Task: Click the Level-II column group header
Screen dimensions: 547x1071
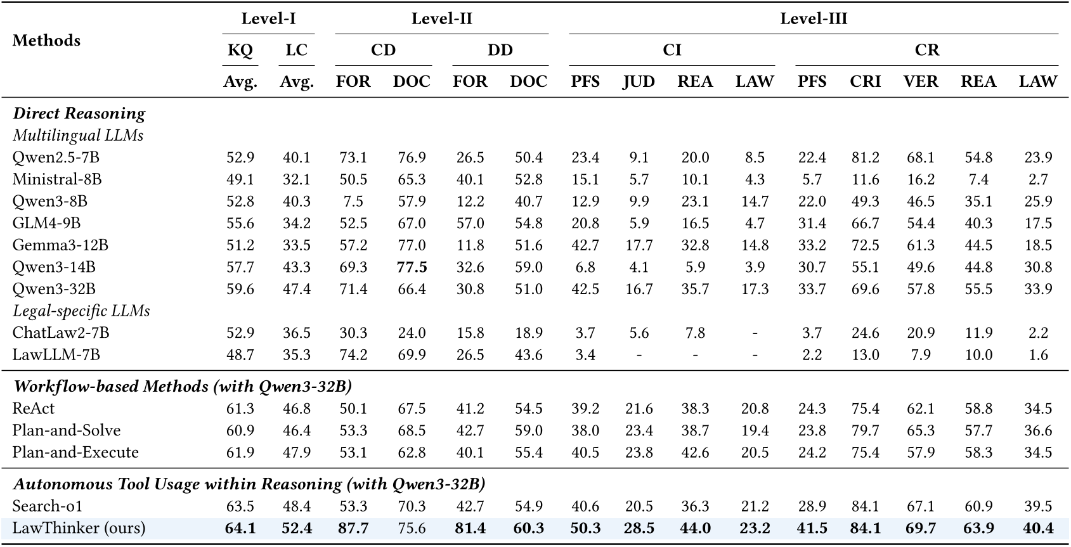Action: (441, 18)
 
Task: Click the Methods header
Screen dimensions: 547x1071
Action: (46, 41)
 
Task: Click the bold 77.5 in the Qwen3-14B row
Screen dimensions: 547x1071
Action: (412, 267)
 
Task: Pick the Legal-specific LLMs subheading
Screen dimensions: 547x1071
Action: (81, 311)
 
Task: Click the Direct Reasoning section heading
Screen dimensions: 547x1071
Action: (79, 113)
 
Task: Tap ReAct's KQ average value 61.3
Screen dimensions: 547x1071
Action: (240, 409)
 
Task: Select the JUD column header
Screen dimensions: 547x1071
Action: (639, 82)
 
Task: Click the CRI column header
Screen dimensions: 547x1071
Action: (865, 82)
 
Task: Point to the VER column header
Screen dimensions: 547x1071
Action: (921, 82)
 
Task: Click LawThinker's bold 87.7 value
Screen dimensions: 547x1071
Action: (353, 529)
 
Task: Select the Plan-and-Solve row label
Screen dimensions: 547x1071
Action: (66, 431)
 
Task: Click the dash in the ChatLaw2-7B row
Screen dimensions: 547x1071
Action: (755, 333)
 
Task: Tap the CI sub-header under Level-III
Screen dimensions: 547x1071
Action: (672, 50)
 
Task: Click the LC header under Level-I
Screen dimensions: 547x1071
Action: (296, 50)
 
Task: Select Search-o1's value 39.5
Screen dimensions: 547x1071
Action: (1038, 506)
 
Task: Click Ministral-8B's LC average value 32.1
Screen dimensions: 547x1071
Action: (296, 179)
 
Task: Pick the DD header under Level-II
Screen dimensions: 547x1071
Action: (500, 50)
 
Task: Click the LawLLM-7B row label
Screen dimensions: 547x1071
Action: (56, 355)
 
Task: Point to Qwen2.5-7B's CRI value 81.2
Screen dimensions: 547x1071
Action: (865, 158)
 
